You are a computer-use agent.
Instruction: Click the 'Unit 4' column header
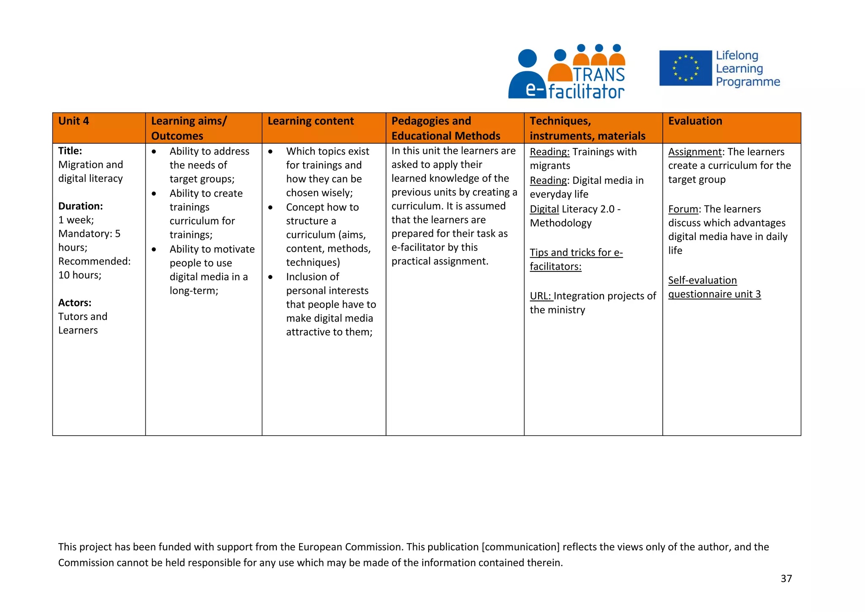[73, 121]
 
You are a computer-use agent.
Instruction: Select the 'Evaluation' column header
[695, 121]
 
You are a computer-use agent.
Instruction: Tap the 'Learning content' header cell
[310, 121]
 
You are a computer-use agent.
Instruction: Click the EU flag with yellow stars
[685, 68]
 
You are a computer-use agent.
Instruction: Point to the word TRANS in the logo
[598, 74]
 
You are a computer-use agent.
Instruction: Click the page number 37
[786, 579]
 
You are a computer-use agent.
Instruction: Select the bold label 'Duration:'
[80, 206]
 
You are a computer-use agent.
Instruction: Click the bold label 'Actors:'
[75, 303]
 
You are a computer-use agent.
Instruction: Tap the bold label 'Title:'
[70, 151]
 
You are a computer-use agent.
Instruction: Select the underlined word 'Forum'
[683, 209]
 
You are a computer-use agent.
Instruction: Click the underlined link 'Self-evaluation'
[702, 280]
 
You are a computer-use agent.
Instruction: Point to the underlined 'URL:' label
[540, 296]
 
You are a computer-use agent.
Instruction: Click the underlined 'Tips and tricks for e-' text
[576, 252]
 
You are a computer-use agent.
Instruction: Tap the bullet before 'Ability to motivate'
[154, 249]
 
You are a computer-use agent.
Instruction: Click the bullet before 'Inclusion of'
[270, 277]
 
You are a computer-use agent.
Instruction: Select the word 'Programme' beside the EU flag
[748, 82]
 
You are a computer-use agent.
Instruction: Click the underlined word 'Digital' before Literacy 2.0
[544, 209]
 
